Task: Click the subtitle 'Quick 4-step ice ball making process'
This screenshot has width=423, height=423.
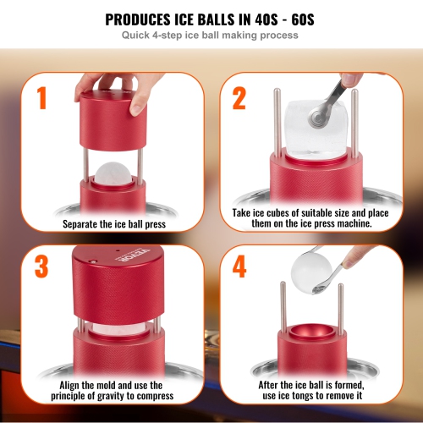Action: (211, 36)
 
